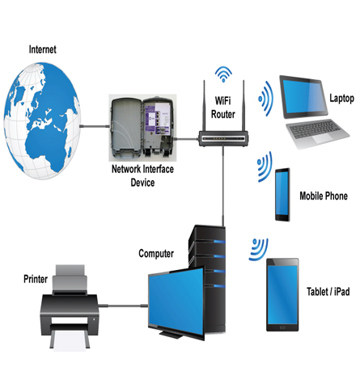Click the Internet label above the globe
[43, 49]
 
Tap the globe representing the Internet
[42, 121]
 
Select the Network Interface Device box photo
[142, 128]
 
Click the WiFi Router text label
[223, 108]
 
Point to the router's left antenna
[204, 105]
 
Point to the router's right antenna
[244, 105]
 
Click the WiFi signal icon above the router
[223, 74]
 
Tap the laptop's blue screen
[304, 97]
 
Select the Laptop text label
[341, 99]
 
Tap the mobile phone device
[282, 195]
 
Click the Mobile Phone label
[324, 196]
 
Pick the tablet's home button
[282, 327]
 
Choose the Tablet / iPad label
[328, 292]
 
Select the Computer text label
[156, 254]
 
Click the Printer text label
[36, 279]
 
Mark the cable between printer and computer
[123, 306]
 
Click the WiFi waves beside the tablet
[259, 250]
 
